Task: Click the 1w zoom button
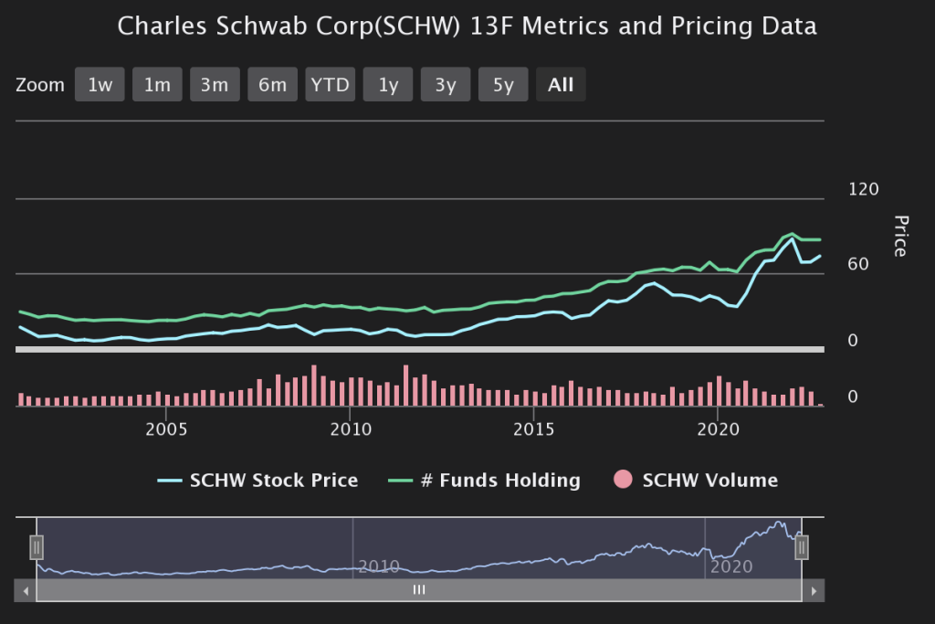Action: click(x=100, y=85)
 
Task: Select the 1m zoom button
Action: click(x=157, y=85)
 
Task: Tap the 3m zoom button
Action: click(x=215, y=85)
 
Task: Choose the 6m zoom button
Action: click(x=272, y=85)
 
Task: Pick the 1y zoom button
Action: click(x=388, y=85)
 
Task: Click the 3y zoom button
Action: click(x=446, y=85)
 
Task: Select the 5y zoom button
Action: click(x=503, y=85)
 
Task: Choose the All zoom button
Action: click(x=561, y=85)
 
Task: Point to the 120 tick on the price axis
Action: click(x=863, y=189)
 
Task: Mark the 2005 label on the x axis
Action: click(x=167, y=429)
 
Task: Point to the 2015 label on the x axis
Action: click(x=534, y=429)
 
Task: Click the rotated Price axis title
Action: click(x=900, y=236)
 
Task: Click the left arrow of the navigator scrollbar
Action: click(x=26, y=590)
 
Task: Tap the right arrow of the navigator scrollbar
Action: click(x=814, y=590)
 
